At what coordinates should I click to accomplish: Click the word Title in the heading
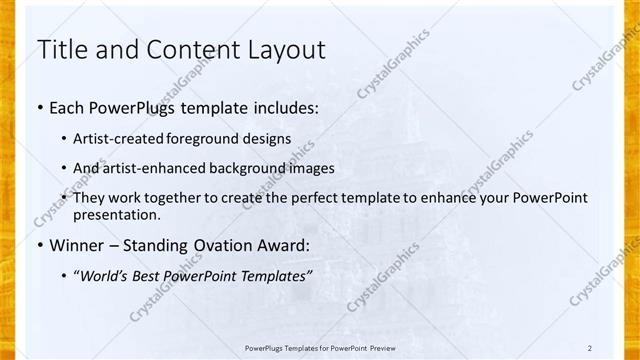coord(63,49)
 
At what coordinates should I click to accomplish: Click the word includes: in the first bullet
coord(284,105)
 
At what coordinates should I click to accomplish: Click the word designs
coord(268,139)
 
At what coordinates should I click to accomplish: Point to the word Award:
coord(285,246)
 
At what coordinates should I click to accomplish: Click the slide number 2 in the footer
coord(590,347)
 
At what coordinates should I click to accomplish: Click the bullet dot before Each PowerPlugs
coord(39,106)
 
